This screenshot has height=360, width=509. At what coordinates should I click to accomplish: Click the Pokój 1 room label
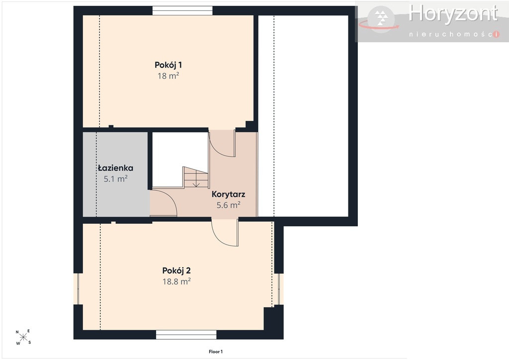168,65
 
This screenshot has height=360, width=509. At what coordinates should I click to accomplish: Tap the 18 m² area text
168,76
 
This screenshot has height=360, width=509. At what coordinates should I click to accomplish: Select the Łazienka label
115,168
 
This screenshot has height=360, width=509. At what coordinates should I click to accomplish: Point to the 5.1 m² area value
115,179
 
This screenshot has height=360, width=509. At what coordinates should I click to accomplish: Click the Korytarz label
228,194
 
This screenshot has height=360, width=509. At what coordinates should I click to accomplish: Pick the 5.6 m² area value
228,205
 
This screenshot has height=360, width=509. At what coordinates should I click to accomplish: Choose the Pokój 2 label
176,270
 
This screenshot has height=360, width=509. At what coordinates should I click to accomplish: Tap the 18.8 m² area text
176,281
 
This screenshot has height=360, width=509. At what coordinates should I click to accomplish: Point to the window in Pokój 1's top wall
182,11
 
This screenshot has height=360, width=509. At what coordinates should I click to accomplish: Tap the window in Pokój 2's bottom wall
186,335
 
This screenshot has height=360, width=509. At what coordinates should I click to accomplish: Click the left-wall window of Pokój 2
78,289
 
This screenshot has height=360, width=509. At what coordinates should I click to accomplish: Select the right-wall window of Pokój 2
279,289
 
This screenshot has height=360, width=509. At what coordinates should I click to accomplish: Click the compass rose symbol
23,337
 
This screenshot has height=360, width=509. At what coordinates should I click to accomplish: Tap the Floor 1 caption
216,352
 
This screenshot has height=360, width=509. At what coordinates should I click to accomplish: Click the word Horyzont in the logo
453,14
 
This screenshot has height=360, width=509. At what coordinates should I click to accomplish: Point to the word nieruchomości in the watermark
454,34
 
